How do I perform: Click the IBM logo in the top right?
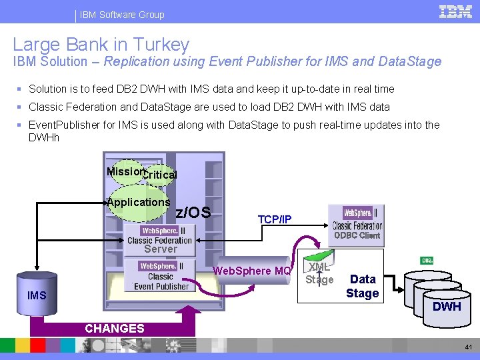click(456, 12)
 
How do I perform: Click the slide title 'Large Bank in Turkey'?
click(101, 45)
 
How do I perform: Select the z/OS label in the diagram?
click(193, 213)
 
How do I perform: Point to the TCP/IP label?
click(274, 219)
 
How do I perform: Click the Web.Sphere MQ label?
click(251, 271)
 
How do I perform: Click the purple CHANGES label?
click(114, 328)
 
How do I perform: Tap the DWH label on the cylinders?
click(447, 306)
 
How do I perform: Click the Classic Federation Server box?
click(160, 240)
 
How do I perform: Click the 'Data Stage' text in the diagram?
click(363, 286)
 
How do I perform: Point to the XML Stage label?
click(319, 273)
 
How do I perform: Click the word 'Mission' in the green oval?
click(125, 171)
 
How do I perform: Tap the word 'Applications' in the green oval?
click(139, 202)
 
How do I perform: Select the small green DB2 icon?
click(427, 260)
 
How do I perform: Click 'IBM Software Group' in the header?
click(122, 14)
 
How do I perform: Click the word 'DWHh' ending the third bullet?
click(44, 137)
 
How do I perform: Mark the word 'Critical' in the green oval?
click(161, 175)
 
